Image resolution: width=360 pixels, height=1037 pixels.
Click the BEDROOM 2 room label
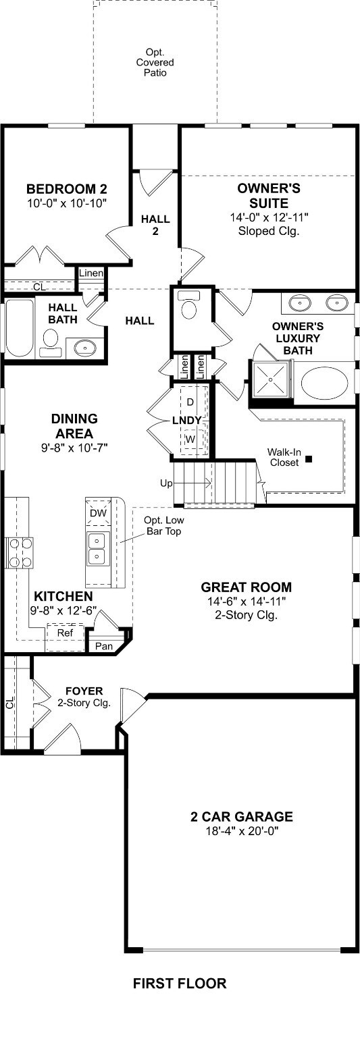pos(67,189)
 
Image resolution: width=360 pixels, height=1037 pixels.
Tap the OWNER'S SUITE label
pos(269,196)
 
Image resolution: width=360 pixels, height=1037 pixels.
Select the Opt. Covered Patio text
pos(155,63)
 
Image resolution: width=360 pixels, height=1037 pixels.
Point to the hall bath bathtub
pos(20,327)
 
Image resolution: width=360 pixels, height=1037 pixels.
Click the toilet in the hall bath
pos(51,343)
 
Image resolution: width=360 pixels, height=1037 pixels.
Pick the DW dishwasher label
pos(98,513)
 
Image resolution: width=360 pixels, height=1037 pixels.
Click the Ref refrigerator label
pos(65,633)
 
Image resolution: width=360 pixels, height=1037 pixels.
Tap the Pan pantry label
pos(104,646)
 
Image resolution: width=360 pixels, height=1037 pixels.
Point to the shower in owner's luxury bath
pos(271,379)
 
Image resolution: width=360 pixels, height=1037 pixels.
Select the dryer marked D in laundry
pos(190,401)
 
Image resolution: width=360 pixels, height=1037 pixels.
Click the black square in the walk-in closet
pos(309,459)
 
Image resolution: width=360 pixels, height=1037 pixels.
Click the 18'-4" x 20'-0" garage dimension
pos(242,830)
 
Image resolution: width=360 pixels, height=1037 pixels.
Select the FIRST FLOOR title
pos(180,983)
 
